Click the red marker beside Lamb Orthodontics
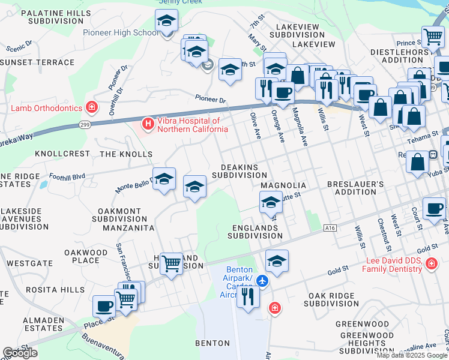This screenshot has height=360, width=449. pyautogui.click(x=91, y=108)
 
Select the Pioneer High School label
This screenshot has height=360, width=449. pyautogui.click(x=121, y=33)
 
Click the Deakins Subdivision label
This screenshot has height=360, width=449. pyautogui.click(x=239, y=171)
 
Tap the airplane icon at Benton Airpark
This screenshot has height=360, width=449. pyautogui.click(x=262, y=280)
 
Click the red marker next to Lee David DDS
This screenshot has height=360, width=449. pyautogui.click(x=430, y=263)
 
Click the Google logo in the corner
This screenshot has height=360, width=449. pyautogui.click(x=20, y=353)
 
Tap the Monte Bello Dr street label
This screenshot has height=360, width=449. pyautogui.click(x=133, y=184)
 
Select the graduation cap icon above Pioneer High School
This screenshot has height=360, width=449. pyautogui.click(x=166, y=21)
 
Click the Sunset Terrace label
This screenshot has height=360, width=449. pyautogui.click(x=37, y=62)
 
